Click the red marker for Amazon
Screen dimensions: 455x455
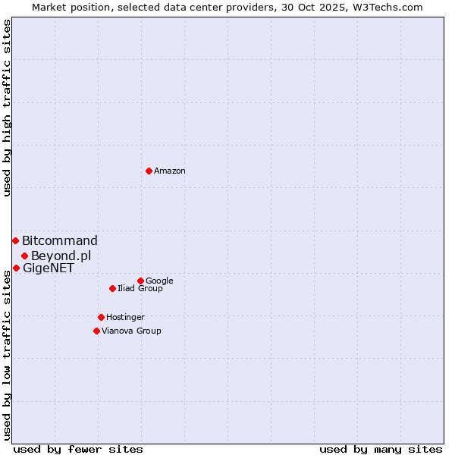(x=149, y=171)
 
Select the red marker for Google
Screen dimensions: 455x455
(x=140, y=281)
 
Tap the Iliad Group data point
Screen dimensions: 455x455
(x=112, y=288)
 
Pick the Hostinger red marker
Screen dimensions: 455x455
(x=101, y=317)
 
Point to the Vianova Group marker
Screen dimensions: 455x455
(x=96, y=331)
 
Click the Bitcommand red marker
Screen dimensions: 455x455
(x=15, y=240)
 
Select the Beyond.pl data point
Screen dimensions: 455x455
(x=24, y=256)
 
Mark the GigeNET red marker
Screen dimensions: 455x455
(x=16, y=268)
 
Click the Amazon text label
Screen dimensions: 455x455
(x=170, y=171)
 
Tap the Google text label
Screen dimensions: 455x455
(x=159, y=281)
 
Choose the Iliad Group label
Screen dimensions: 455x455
(x=140, y=289)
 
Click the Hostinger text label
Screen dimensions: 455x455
(x=125, y=318)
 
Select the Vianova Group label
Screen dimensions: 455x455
(x=131, y=331)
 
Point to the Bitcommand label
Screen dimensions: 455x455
(x=60, y=241)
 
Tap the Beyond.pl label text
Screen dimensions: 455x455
(x=61, y=256)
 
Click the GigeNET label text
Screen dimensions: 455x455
(x=49, y=268)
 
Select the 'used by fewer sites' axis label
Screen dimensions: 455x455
(x=78, y=449)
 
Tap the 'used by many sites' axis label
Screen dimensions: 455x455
(x=381, y=449)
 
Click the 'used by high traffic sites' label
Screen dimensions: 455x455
(x=7, y=108)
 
